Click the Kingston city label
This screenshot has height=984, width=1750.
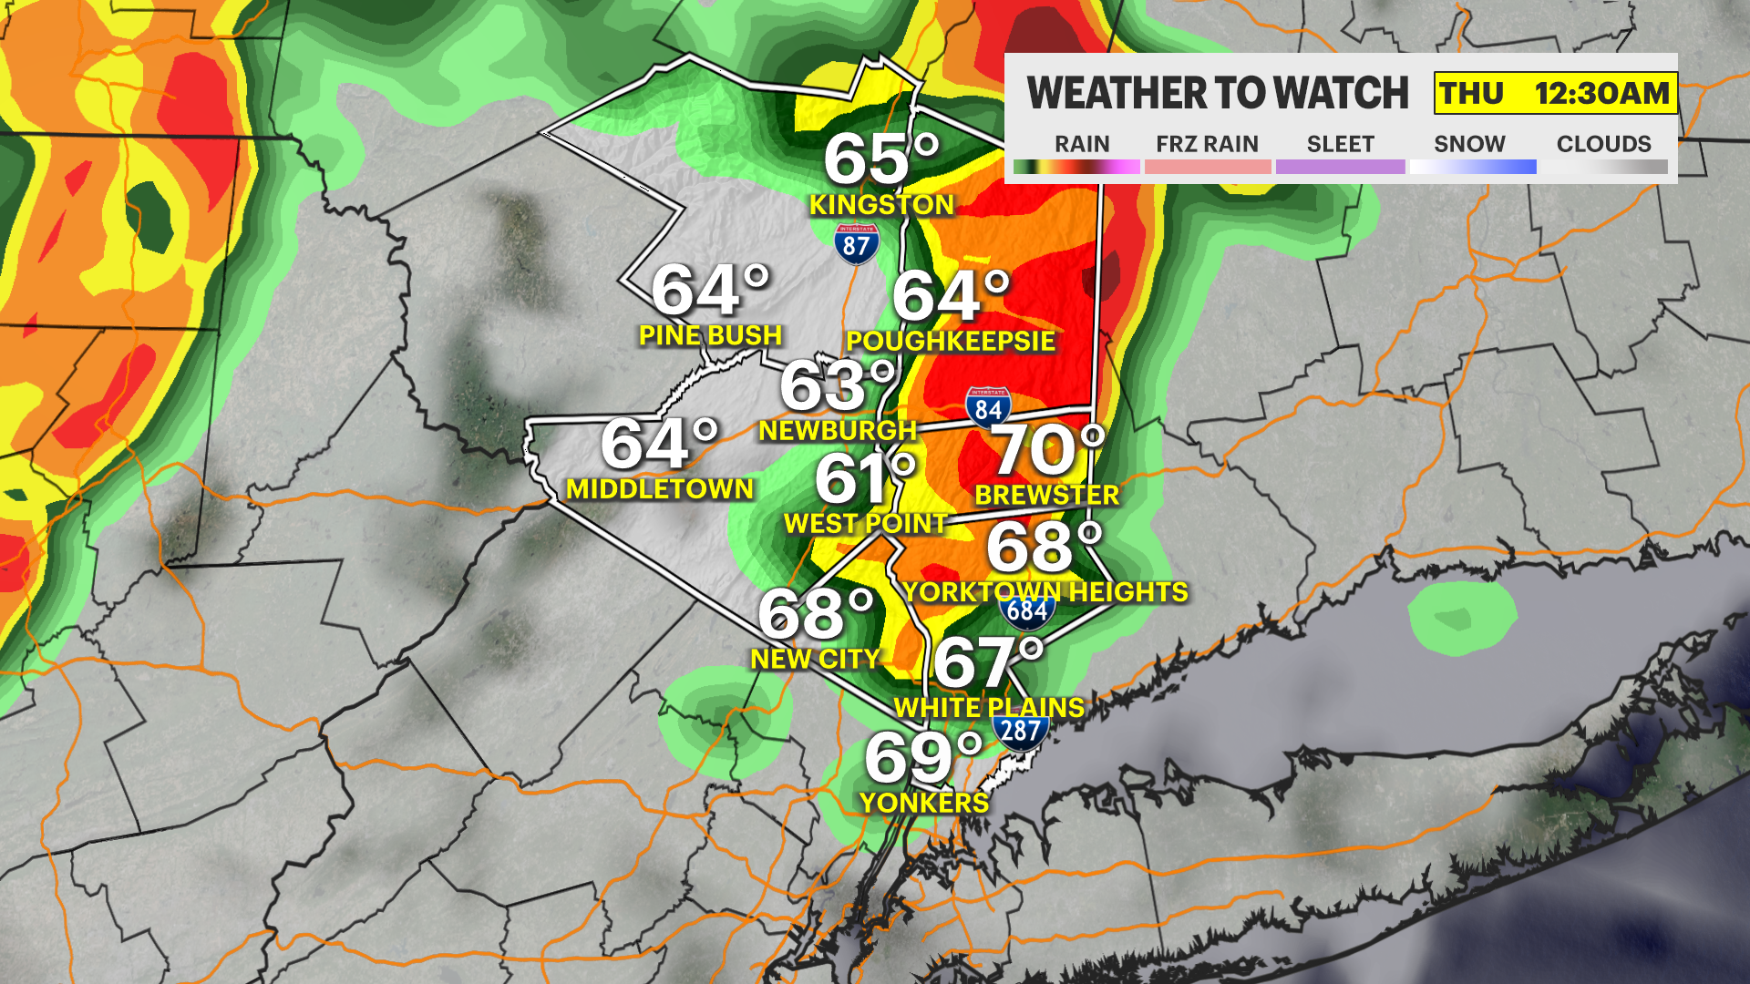pos(881,205)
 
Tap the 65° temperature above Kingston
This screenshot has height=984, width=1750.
pos(880,159)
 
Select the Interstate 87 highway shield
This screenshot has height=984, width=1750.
pos(856,243)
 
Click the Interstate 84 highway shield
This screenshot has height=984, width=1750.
pos(988,408)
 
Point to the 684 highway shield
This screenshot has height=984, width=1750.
pos(1027,610)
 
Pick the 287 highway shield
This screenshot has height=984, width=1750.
pos(1020,731)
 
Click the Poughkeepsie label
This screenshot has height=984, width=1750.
pos(950,341)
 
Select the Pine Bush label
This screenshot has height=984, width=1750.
pos(710,335)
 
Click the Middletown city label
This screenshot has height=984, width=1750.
pos(660,489)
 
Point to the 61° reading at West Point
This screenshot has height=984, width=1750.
pos(864,478)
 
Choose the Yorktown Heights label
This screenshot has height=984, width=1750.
pos(1045,592)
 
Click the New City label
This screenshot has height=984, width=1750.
pos(815,659)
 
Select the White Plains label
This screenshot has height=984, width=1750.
pos(989,708)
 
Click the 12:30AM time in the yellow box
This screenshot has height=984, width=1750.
pos(1601,93)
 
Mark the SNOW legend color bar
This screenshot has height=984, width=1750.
pos(1472,167)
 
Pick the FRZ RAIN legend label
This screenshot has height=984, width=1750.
pos(1207,144)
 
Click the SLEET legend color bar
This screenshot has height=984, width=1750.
pos(1340,167)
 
